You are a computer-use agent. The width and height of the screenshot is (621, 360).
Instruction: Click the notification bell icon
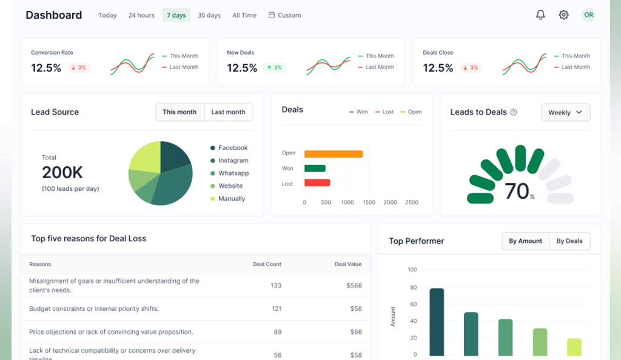540,15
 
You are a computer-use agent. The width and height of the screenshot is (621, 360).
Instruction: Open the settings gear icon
564,15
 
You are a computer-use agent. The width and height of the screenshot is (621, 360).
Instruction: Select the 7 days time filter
176,15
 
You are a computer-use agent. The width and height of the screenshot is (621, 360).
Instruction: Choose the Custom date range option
285,15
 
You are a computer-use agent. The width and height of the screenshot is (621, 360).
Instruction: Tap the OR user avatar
588,15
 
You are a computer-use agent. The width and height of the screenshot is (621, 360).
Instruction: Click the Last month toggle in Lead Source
228,112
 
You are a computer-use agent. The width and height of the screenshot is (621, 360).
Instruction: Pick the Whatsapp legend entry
233,173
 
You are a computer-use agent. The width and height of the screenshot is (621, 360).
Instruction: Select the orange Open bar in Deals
334,154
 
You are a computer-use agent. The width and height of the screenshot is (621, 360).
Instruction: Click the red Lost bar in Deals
317,182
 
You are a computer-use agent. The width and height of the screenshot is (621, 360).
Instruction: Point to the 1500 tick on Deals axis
369,202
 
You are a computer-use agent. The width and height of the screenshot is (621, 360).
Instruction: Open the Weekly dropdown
565,112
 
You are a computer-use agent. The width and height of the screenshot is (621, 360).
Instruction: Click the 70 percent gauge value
517,192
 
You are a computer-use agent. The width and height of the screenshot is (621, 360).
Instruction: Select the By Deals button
569,241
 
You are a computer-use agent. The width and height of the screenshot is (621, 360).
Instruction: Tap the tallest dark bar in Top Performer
437,321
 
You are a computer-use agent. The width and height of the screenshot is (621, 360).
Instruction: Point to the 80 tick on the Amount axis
413,288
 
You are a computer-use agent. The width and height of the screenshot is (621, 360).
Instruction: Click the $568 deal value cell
354,285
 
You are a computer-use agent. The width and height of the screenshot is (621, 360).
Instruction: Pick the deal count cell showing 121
277,309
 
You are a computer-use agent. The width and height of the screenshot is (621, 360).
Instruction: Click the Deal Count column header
267,264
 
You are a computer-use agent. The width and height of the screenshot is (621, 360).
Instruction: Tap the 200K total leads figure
62,173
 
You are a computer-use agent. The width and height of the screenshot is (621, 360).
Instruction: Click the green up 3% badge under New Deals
274,68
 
